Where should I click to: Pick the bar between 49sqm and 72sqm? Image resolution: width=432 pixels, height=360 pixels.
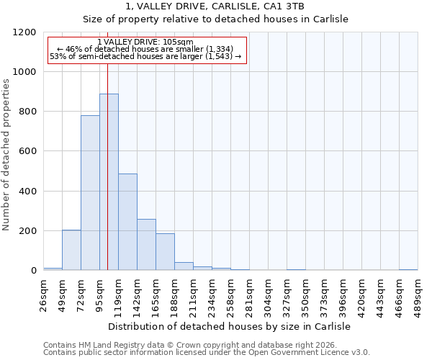71,250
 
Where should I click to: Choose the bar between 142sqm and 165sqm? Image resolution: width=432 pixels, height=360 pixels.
146,245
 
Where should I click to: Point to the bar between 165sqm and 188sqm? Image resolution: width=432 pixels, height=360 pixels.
165,252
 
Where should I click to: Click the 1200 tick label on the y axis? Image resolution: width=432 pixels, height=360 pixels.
24,32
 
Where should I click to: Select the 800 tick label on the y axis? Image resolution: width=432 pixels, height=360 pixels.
27,112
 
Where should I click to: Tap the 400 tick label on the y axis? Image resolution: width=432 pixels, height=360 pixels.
27,192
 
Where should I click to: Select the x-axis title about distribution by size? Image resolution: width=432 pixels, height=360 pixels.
230,326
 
